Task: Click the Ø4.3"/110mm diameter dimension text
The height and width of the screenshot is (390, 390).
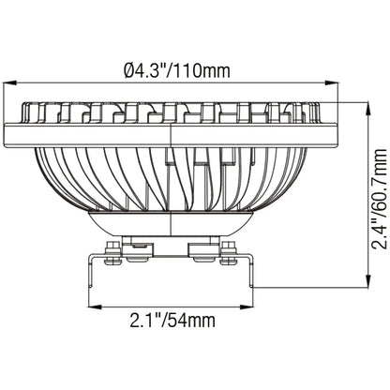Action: [x=177, y=68]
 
